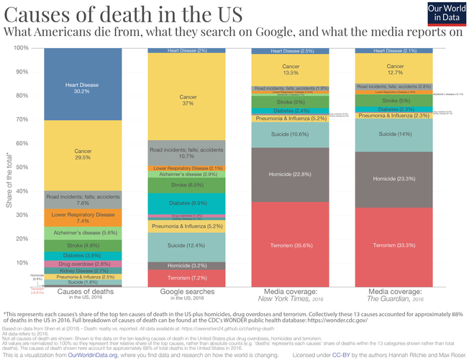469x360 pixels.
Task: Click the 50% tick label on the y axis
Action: pyautogui.click(x=22, y=167)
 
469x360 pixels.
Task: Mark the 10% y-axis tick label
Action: pyautogui.click(x=22, y=263)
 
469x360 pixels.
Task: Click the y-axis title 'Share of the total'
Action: pyautogui.click(x=8, y=167)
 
